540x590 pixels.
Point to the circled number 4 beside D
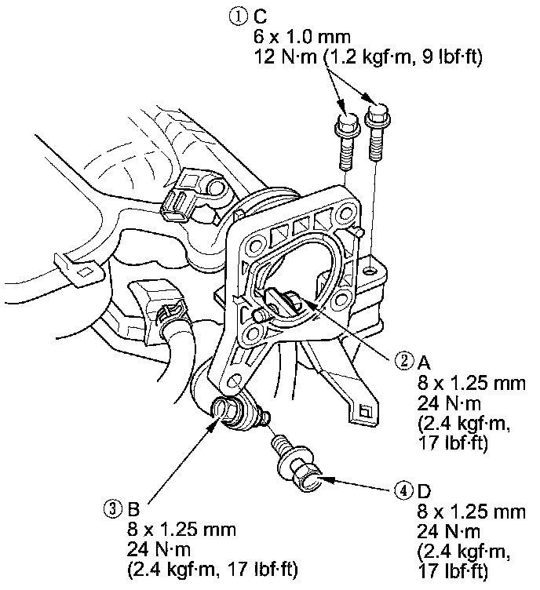(402, 491)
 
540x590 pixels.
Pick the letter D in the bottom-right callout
(424, 491)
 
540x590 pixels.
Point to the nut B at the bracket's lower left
(228, 413)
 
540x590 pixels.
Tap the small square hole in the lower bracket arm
(364, 409)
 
